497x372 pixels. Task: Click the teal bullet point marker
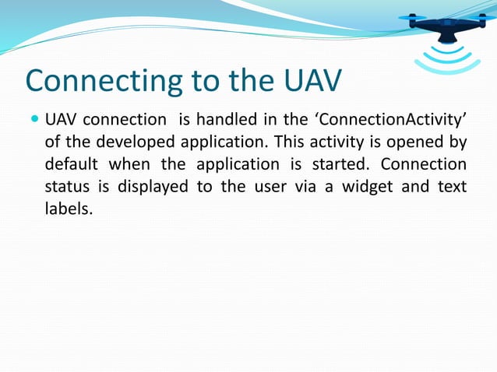click(34, 121)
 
